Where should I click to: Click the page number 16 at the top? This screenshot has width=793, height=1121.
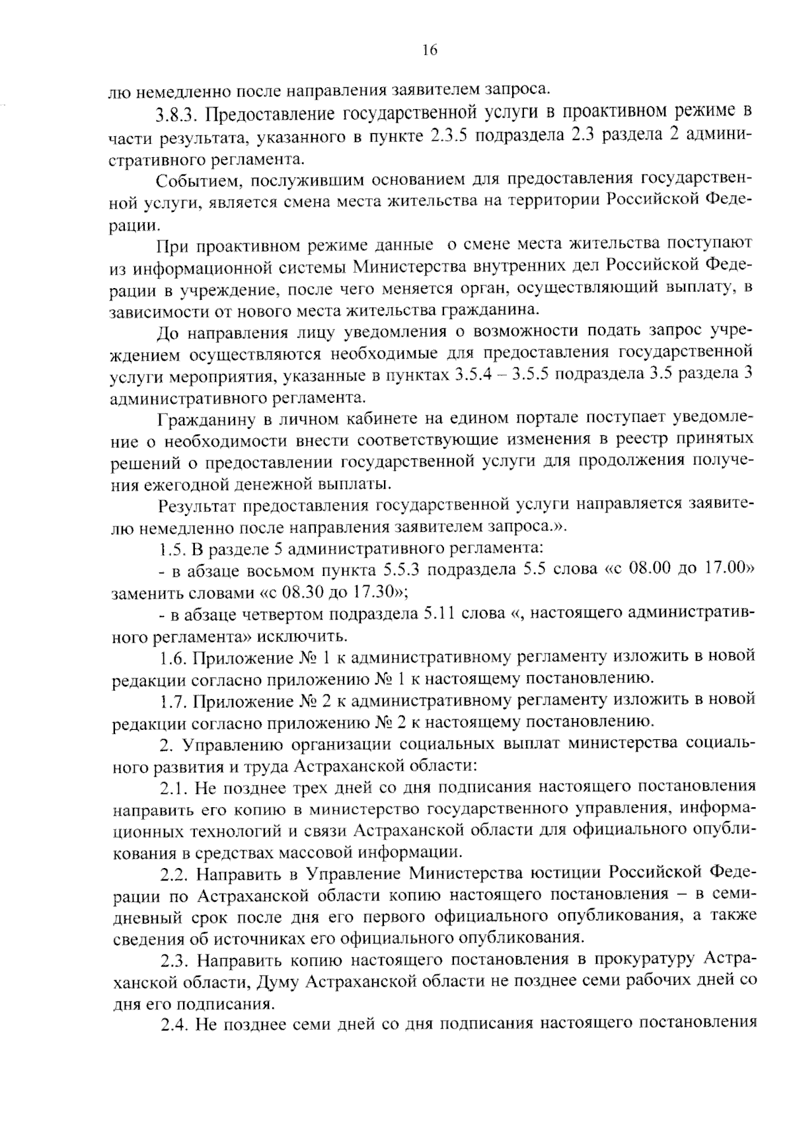(429, 51)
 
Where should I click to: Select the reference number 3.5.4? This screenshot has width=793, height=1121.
(474, 375)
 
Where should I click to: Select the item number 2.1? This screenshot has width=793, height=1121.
(174, 787)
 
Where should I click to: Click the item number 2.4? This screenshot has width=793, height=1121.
(174, 1025)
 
